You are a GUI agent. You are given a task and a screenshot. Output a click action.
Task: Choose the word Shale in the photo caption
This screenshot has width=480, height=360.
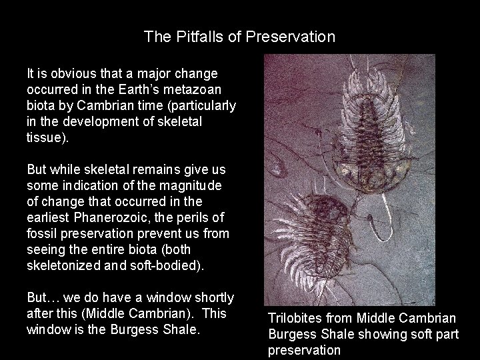[331, 335]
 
